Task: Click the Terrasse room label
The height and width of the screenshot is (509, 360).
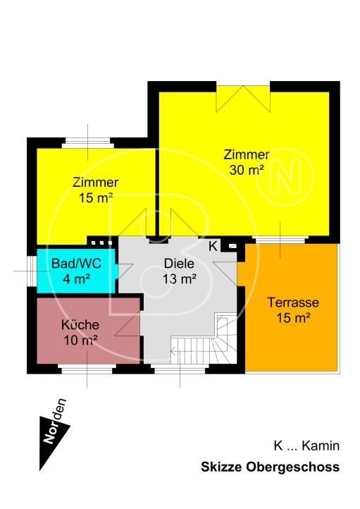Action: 294,303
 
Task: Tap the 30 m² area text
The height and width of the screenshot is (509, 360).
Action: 247,169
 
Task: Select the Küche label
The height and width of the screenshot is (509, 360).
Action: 80,326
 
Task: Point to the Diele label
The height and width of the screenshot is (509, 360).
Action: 178,264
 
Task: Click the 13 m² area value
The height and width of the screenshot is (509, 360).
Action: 179,278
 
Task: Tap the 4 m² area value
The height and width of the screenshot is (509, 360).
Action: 75,279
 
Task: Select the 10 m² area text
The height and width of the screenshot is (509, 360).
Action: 80,341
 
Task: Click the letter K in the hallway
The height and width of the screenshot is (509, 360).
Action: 213,247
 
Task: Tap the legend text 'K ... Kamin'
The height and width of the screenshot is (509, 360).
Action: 306,446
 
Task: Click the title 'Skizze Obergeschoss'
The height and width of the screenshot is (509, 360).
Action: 270,467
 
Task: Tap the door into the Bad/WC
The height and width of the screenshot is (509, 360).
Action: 125,271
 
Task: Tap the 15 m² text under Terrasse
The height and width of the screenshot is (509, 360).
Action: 294,318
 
